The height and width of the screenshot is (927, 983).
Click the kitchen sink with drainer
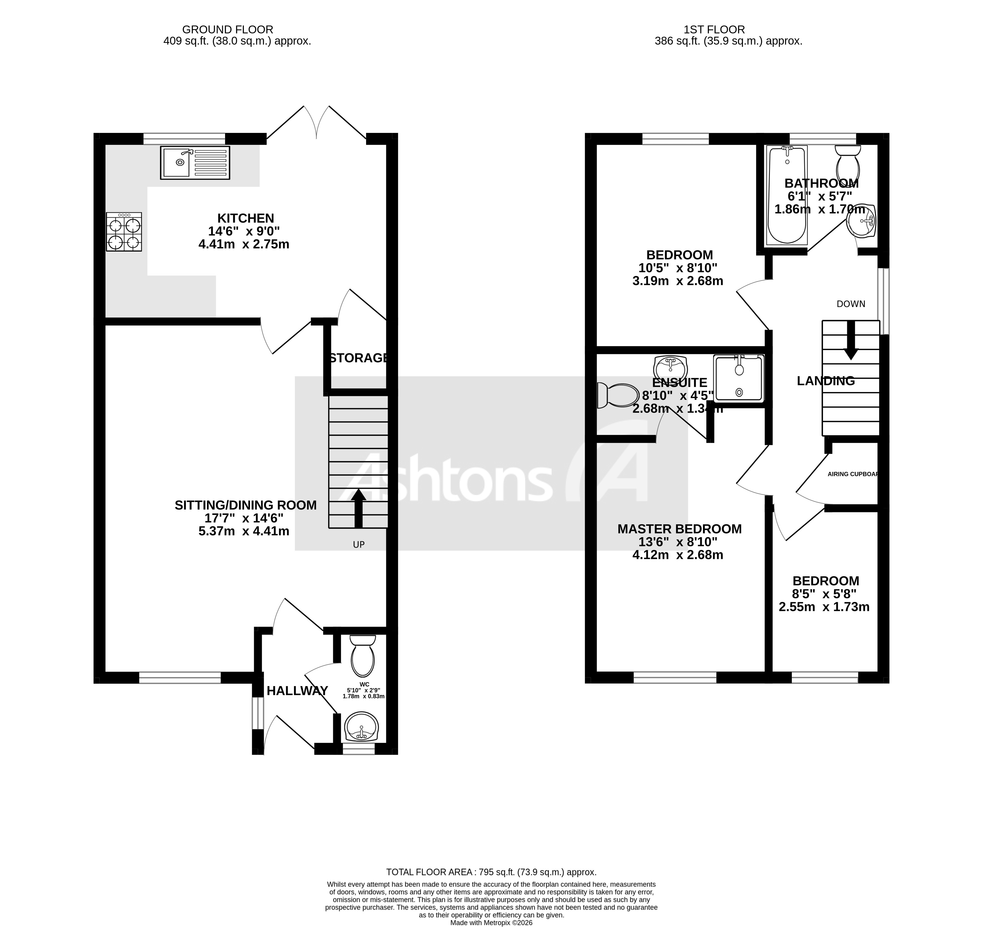tap(195, 162)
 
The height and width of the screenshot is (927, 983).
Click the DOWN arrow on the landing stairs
tap(851, 341)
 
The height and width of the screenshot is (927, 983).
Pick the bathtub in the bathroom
tap(787, 195)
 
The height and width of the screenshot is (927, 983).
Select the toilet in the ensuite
tap(617, 395)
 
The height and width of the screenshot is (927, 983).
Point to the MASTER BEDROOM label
tap(679, 529)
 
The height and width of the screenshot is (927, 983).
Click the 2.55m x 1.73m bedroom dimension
tap(824, 607)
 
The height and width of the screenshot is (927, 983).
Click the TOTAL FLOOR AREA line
tap(491, 872)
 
